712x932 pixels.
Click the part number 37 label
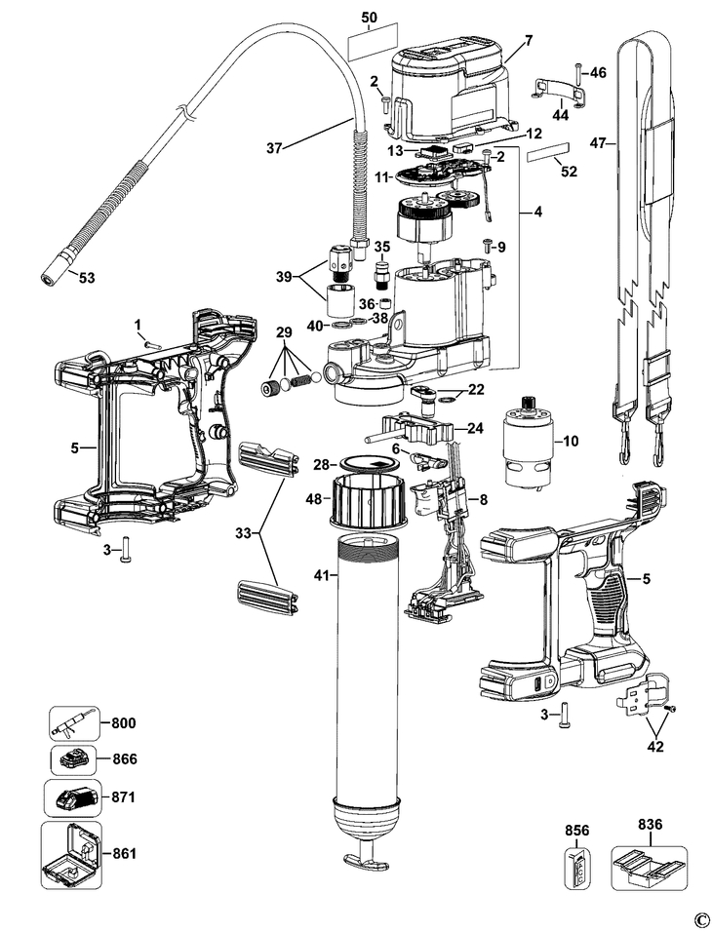[x=276, y=148]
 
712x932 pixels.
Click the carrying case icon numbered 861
[x=73, y=854]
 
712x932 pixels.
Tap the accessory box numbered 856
[x=576, y=864]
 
